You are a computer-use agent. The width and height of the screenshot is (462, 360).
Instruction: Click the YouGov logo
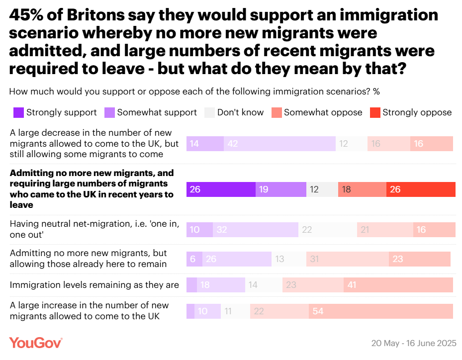click(x=35, y=343)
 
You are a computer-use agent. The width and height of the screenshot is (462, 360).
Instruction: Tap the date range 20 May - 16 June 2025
click(x=414, y=344)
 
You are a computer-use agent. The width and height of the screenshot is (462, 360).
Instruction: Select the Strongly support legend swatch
click(x=18, y=112)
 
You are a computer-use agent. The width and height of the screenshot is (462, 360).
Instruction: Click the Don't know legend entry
click(x=234, y=112)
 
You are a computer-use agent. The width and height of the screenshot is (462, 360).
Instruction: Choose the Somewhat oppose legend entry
click(x=316, y=112)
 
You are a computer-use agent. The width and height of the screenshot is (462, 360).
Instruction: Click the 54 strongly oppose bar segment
click(x=380, y=311)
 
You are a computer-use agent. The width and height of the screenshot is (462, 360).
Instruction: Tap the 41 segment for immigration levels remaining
click(x=398, y=285)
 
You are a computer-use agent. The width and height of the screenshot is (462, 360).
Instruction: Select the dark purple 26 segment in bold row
click(x=221, y=190)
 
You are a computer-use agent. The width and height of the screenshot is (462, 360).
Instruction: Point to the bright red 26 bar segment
click(x=421, y=190)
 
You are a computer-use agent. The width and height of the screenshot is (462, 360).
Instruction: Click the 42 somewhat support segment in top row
click(x=279, y=144)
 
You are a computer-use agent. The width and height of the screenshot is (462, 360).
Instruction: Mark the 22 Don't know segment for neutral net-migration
click(x=328, y=230)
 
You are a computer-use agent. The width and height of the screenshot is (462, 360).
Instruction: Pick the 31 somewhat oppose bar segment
click(x=347, y=259)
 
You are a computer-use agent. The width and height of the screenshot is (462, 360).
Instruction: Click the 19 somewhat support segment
click(x=281, y=190)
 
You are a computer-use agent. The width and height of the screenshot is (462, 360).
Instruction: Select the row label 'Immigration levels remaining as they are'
click(x=94, y=285)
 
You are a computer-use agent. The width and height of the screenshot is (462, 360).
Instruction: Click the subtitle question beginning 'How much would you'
click(x=194, y=91)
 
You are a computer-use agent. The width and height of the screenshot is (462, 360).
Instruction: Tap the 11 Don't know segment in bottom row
click(x=235, y=311)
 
